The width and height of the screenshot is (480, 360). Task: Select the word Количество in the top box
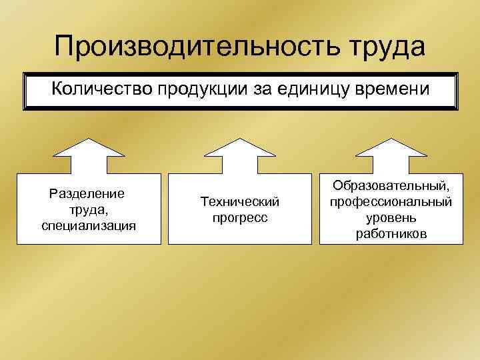coord(102,90)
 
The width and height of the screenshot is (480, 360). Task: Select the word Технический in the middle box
coord(240,202)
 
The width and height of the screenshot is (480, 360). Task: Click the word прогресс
coord(240,217)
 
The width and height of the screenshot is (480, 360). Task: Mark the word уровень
coord(391,218)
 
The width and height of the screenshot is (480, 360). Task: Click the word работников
coord(391,234)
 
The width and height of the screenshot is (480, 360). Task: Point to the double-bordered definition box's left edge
coord(25,90)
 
